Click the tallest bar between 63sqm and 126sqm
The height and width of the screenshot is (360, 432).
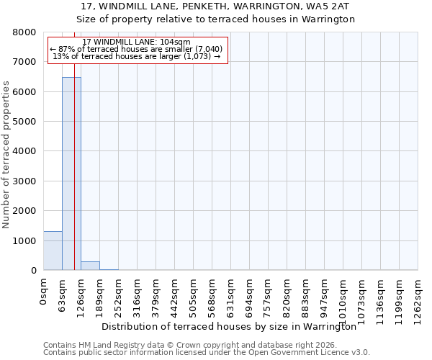click(x=71, y=174)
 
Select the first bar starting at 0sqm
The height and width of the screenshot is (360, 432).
click(x=53, y=251)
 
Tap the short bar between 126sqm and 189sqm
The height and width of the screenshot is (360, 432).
click(x=90, y=266)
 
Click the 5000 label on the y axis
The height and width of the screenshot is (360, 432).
click(x=25, y=122)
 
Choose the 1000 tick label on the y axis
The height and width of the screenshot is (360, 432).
click(x=25, y=241)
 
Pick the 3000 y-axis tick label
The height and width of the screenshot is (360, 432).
click(x=25, y=181)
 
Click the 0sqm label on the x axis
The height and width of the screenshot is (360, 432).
click(x=44, y=292)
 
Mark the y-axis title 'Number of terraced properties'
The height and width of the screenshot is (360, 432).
click(x=6, y=154)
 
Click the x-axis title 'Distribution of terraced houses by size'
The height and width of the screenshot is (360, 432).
click(x=229, y=326)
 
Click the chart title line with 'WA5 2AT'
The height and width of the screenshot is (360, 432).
click(x=215, y=6)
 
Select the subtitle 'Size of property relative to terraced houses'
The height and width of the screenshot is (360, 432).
click(x=215, y=19)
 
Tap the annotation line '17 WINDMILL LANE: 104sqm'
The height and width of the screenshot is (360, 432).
click(x=137, y=42)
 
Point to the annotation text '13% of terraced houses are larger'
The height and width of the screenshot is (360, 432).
click(x=137, y=56)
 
